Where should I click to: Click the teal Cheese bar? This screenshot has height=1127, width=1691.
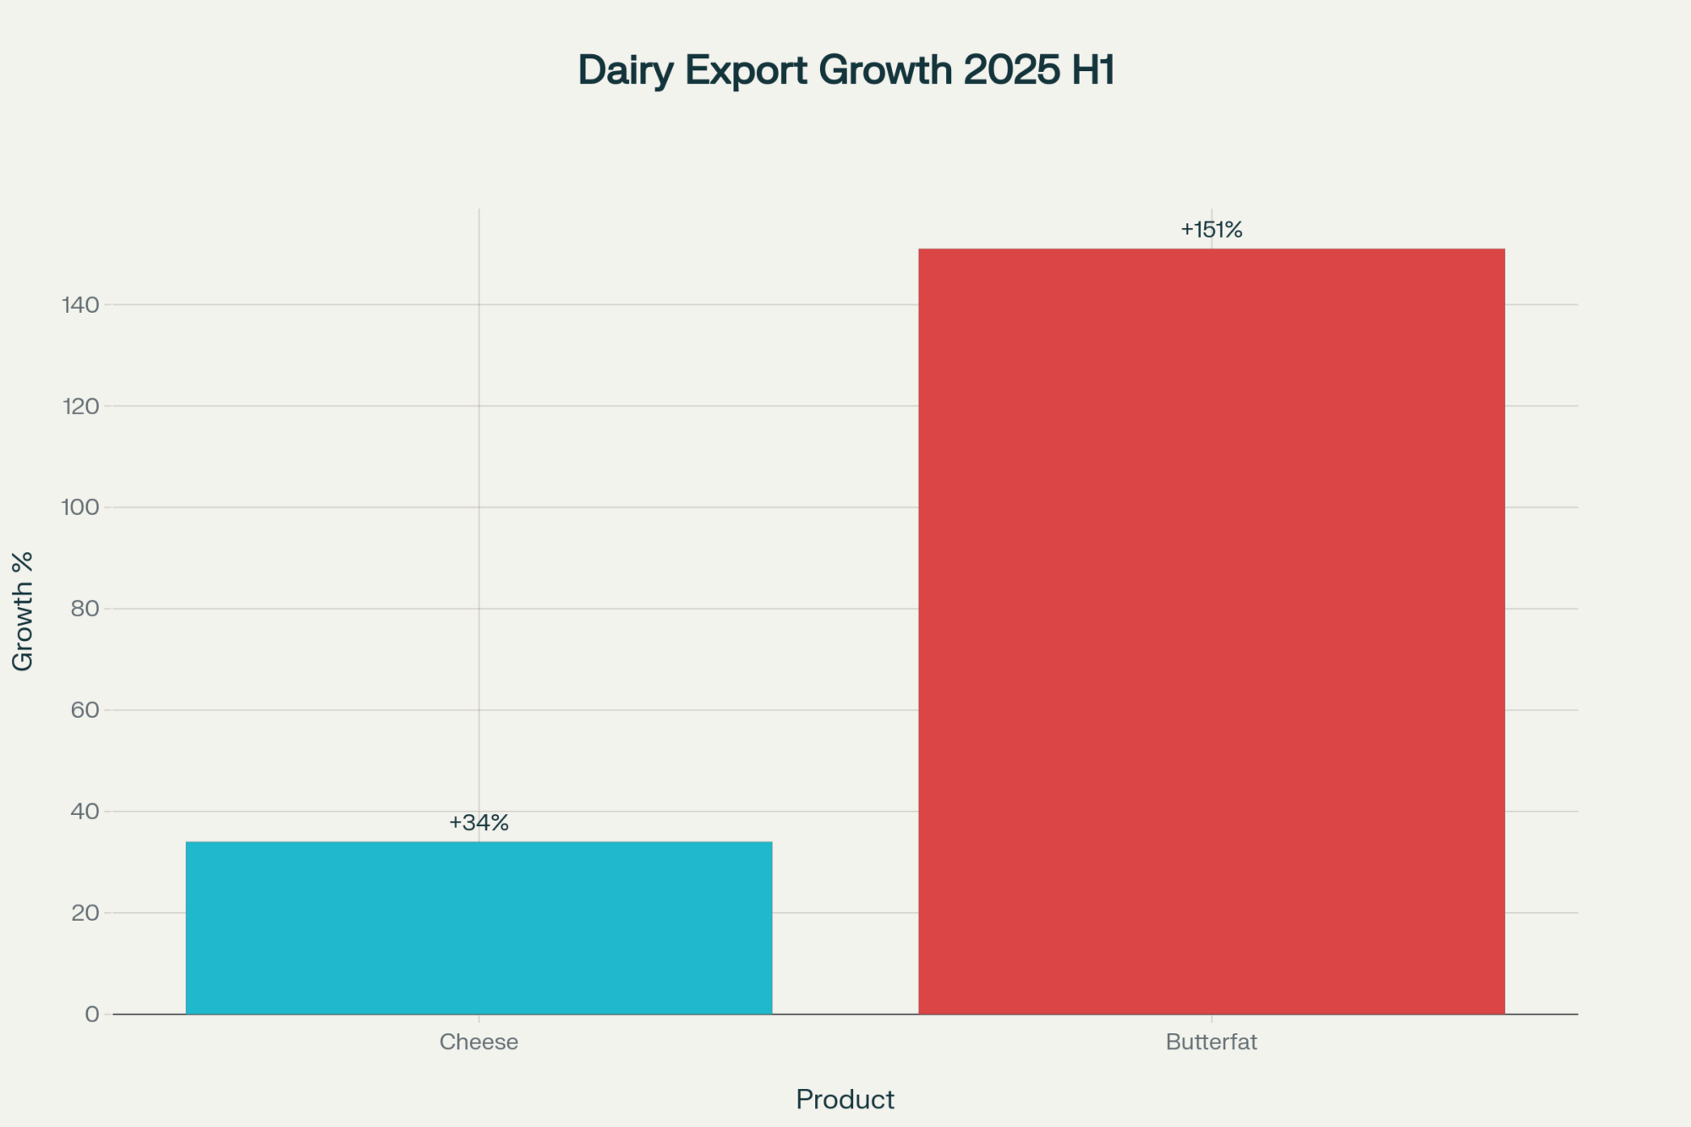[x=479, y=927]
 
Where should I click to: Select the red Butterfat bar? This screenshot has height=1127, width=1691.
[x=1211, y=631]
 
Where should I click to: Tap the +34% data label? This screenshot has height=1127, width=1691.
[x=479, y=823]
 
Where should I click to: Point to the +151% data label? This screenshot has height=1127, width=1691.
[x=1211, y=229]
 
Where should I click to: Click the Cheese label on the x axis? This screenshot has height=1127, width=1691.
[x=479, y=1042]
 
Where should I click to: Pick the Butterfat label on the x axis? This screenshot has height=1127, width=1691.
[x=1211, y=1042]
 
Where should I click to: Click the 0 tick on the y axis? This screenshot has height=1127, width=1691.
[x=92, y=1014]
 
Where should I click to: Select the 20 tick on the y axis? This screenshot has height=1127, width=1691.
[x=85, y=912]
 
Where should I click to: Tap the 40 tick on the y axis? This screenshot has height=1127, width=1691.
[x=85, y=811]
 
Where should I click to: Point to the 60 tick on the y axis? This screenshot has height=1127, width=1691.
[x=85, y=709]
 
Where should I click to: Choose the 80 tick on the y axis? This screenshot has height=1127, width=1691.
[x=85, y=608]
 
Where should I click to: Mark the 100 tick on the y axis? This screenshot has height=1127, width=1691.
[x=81, y=506]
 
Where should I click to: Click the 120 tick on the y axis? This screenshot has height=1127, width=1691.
[x=81, y=406]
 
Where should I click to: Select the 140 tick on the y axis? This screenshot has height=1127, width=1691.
[x=81, y=304]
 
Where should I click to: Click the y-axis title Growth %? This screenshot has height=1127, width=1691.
[x=23, y=610]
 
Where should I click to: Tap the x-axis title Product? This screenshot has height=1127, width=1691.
[x=845, y=1099]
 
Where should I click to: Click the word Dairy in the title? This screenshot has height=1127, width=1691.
[x=625, y=70]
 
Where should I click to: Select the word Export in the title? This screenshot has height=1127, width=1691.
[x=746, y=70]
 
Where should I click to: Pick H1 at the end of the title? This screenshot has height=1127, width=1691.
[x=1093, y=70]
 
